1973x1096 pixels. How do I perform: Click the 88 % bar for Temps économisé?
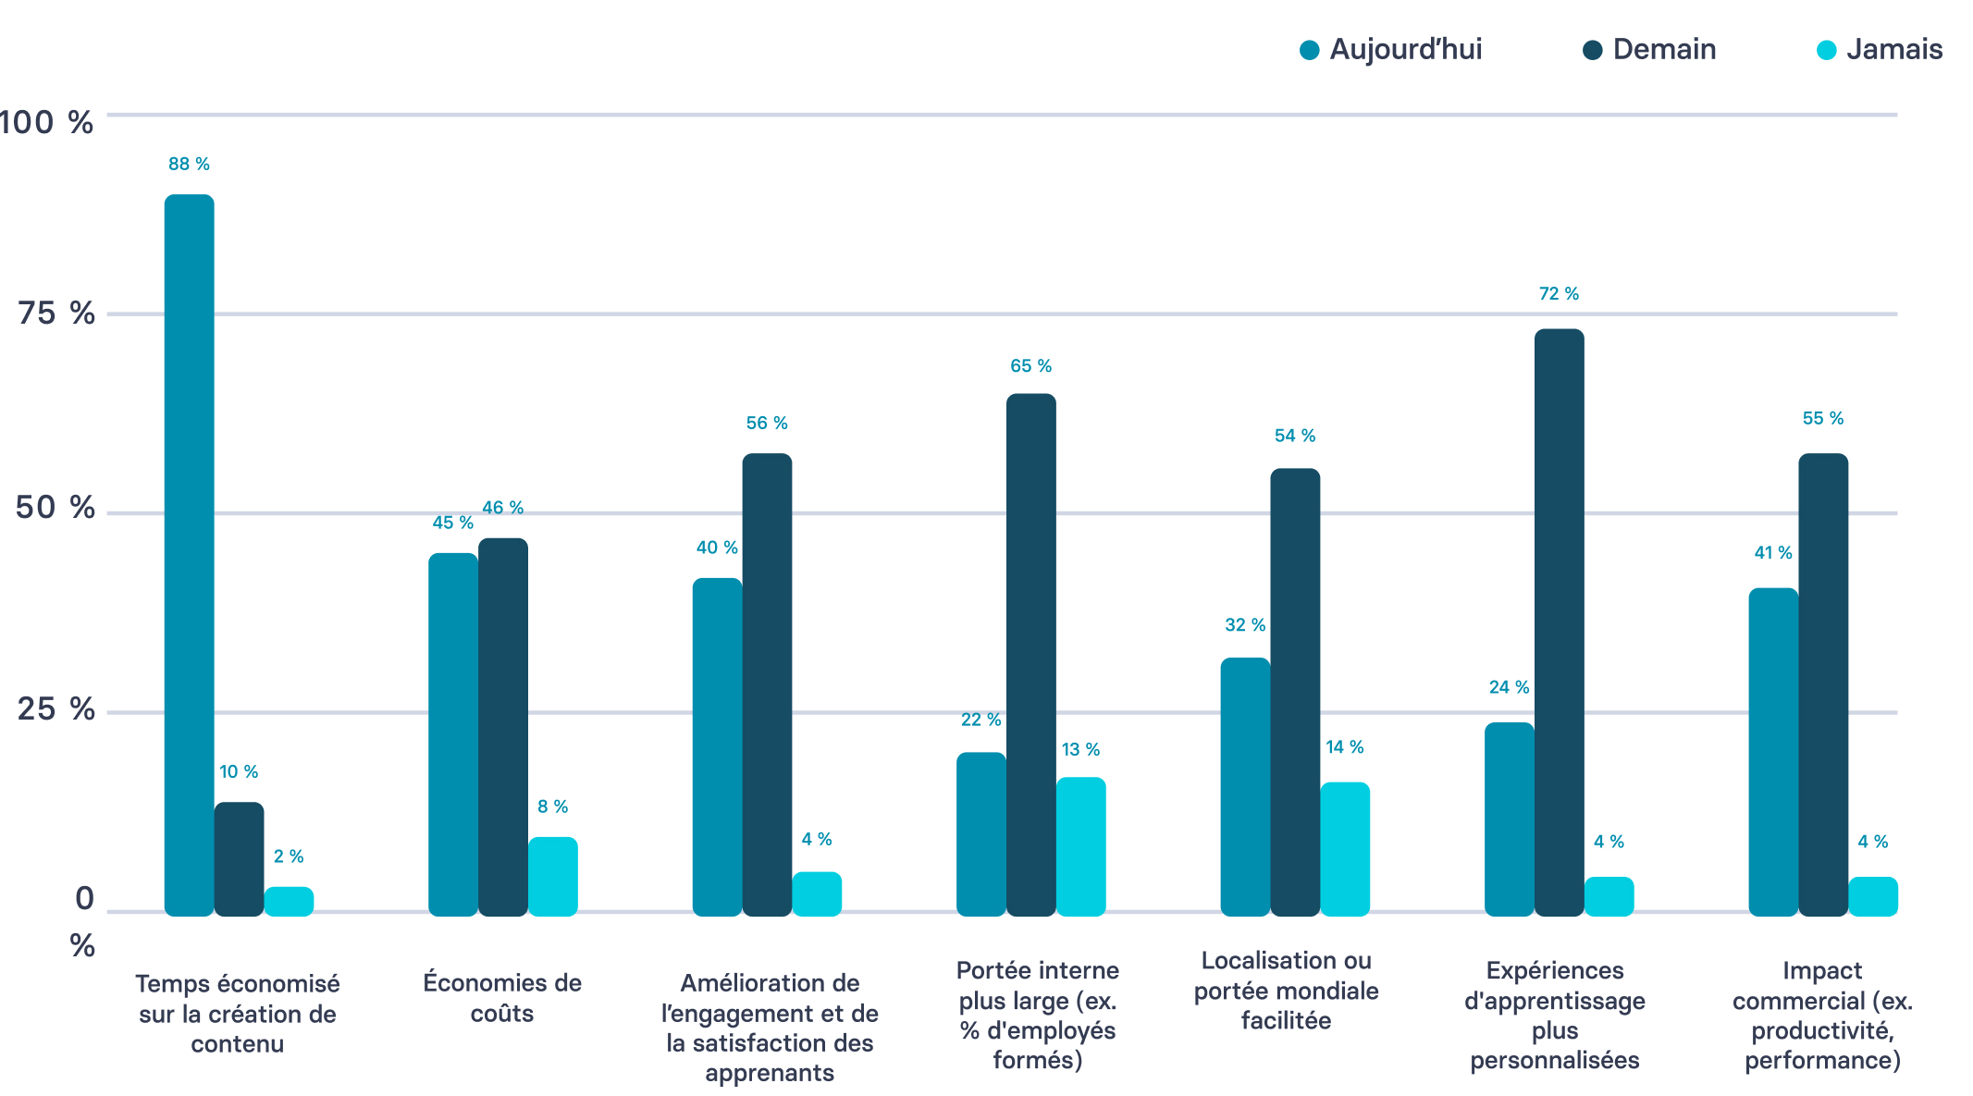[189, 555]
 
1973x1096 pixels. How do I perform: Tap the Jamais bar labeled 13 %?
[1080, 846]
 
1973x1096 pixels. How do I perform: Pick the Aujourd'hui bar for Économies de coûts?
[452, 734]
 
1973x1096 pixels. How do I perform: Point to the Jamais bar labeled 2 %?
[289, 902]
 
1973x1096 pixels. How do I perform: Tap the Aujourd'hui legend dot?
[1309, 51]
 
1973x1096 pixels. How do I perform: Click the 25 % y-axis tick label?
[56, 709]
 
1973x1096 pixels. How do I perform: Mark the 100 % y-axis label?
[46, 122]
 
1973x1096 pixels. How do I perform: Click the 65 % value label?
[1030, 366]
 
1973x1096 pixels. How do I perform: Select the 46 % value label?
[502, 508]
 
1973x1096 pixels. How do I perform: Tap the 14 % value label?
[1344, 747]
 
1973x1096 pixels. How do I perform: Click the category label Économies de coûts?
[502, 997]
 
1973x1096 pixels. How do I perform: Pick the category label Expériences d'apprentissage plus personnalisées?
[1554, 1015]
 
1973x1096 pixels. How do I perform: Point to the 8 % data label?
[552, 807]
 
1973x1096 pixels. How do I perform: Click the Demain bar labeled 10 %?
[239, 859]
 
